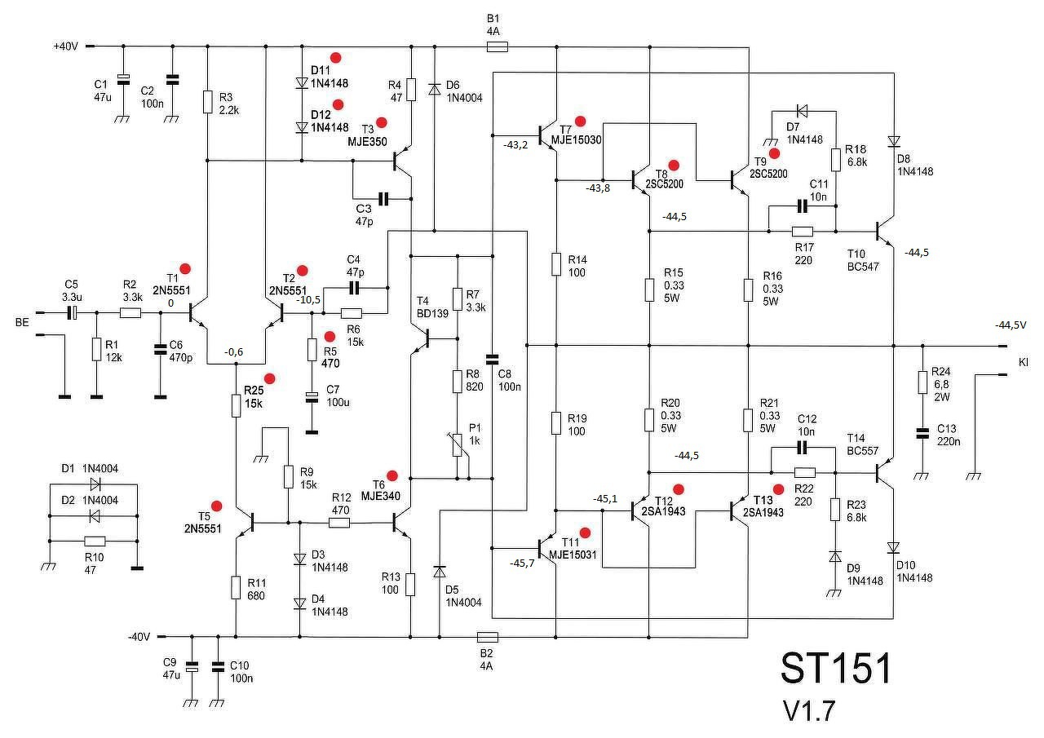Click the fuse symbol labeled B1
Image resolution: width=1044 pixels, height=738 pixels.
click(498, 47)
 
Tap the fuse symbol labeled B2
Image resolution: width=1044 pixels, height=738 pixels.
click(488, 637)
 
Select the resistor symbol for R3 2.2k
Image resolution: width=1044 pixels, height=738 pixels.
click(208, 102)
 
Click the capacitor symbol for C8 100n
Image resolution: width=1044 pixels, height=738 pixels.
click(492, 360)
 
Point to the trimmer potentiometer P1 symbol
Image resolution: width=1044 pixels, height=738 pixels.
click(458, 445)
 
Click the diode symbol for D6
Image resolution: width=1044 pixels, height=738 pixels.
click(435, 89)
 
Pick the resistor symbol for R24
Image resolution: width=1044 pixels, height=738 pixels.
click(922, 382)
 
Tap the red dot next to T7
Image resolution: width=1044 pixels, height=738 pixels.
click(580, 122)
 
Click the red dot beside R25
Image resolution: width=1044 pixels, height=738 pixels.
click(269, 378)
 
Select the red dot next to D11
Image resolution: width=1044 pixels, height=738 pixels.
click(335, 58)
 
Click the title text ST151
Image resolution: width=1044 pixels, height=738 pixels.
click(836, 668)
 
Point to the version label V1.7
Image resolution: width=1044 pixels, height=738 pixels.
click(809, 711)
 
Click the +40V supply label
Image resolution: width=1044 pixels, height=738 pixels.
click(66, 46)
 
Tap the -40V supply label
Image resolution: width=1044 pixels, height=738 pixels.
click(139, 637)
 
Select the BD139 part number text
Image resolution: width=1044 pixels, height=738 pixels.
click(432, 314)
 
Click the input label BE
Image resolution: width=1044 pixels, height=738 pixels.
click(22, 322)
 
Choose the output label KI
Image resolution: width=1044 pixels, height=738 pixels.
click(1024, 362)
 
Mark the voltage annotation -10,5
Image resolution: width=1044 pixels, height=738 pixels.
click(308, 300)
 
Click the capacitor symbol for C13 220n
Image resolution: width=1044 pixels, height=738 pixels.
click(922, 434)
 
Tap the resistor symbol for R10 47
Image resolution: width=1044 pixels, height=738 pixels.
click(95, 541)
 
